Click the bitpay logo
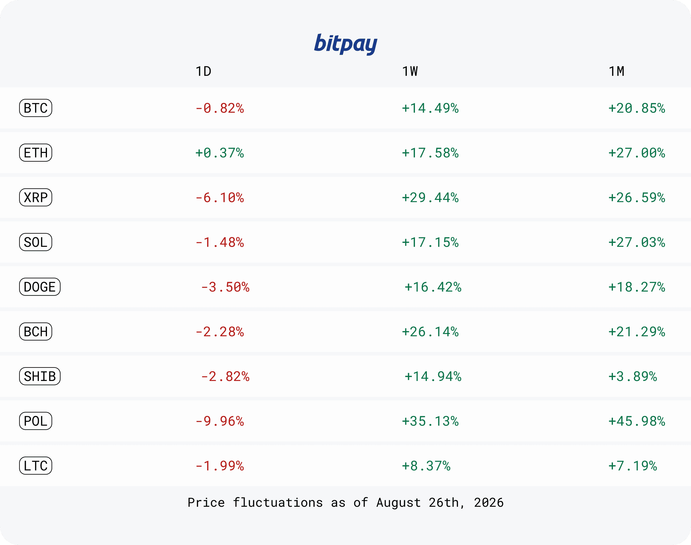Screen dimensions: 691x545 click(x=346, y=44)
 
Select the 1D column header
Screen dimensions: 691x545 click(x=203, y=71)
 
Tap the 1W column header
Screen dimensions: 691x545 click(x=410, y=71)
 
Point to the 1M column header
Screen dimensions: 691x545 click(x=617, y=71)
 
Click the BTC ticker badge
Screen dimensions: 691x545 click(x=36, y=108)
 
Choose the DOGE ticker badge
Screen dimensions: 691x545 click(x=40, y=287)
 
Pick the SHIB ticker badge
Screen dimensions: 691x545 click(x=40, y=376)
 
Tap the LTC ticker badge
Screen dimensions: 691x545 click(x=36, y=466)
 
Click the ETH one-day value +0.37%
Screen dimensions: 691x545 click(x=220, y=153)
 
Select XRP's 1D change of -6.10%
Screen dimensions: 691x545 click(x=220, y=198)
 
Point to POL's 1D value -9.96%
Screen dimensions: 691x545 click(x=220, y=421)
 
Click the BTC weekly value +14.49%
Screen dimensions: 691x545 click(x=430, y=108)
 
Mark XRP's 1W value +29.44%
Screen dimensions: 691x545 click(x=430, y=198)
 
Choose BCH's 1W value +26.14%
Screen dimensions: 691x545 click(x=430, y=332)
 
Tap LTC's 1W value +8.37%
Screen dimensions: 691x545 click(x=426, y=466)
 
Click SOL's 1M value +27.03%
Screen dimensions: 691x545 click(x=637, y=242)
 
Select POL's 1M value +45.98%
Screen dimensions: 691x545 click(x=637, y=421)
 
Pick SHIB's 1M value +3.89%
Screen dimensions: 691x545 click(x=633, y=376)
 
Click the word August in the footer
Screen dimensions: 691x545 click(x=398, y=503)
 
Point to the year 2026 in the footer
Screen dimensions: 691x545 click(x=489, y=503)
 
